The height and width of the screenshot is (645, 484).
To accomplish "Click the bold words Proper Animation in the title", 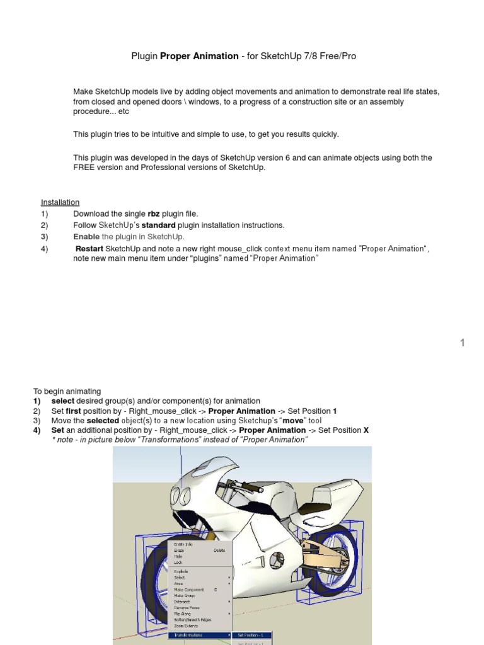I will [x=199, y=56].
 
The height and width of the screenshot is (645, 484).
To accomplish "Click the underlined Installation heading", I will [x=60, y=202].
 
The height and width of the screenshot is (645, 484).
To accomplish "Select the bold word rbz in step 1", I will [x=153, y=214].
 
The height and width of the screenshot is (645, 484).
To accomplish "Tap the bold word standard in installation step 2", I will [x=158, y=225].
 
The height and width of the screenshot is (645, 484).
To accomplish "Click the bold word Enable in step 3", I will [x=86, y=237].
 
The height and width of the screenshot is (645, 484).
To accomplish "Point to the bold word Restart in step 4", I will [x=89, y=249].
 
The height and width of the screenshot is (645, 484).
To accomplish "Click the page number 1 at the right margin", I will [x=462, y=343].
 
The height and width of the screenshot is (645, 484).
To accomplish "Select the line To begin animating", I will [x=67, y=391].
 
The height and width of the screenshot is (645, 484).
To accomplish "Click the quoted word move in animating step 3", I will [x=294, y=420].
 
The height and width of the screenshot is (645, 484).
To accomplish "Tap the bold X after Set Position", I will [x=366, y=430].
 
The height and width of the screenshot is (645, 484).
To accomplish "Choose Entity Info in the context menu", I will [x=183, y=544].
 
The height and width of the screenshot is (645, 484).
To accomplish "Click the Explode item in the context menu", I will [x=181, y=571].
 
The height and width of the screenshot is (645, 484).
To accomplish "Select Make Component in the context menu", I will [x=189, y=590].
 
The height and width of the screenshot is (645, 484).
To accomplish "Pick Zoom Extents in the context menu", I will [x=186, y=626].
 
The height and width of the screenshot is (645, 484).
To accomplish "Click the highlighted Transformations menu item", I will [x=188, y=635].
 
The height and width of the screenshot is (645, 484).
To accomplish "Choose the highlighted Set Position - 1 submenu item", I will [x=254, y=635].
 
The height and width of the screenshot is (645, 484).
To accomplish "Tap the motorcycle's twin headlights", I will [x=184, y=495].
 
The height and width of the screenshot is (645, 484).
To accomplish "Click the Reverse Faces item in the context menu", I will [x=188, y=608].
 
